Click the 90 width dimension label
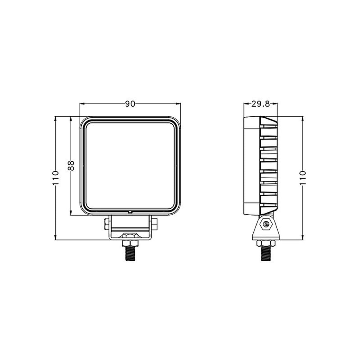[x=130, y=104]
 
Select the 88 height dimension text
[x=71, y=165]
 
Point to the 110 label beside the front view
[x=55, y=178]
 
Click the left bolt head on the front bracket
[x=105, y=225]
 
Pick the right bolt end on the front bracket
[x=155, y=225]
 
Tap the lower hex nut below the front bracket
[x=129, y=241]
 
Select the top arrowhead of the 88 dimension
[x=71, y=118]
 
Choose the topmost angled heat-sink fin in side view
[x=269, y=122]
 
